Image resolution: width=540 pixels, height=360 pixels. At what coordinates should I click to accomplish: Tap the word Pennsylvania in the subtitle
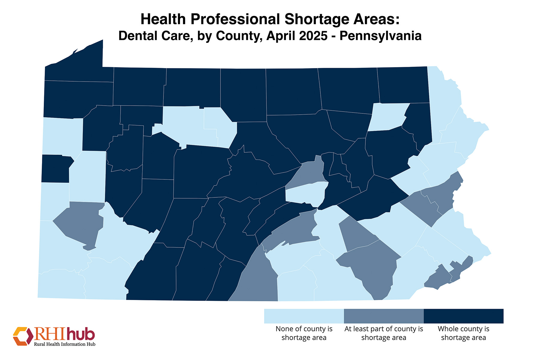pyautogui.click(x=380, y=36)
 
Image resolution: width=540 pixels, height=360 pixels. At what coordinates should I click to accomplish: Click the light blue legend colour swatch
pyautogui.click(x=304, y=316)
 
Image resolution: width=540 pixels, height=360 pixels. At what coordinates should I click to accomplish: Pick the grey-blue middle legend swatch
pyautogui.click(x=383, y=316)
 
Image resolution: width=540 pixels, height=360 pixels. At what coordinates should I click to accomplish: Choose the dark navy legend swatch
pyautogui.click(x=463, y=316)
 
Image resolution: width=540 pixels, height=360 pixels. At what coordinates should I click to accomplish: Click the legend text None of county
pyautogui.click(x=304, y=329)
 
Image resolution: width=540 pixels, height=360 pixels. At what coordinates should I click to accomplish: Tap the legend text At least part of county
pyautogui.click(x=383, y=329)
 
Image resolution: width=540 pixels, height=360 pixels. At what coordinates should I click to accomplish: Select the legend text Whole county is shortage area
pyautogui.click(x=463, y=333)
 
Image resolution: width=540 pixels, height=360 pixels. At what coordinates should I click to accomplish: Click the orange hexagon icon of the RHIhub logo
pyautogui.click(x=23, y=336)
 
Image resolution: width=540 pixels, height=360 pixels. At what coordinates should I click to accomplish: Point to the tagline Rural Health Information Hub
pyautogui.click(x=64, y=344)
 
